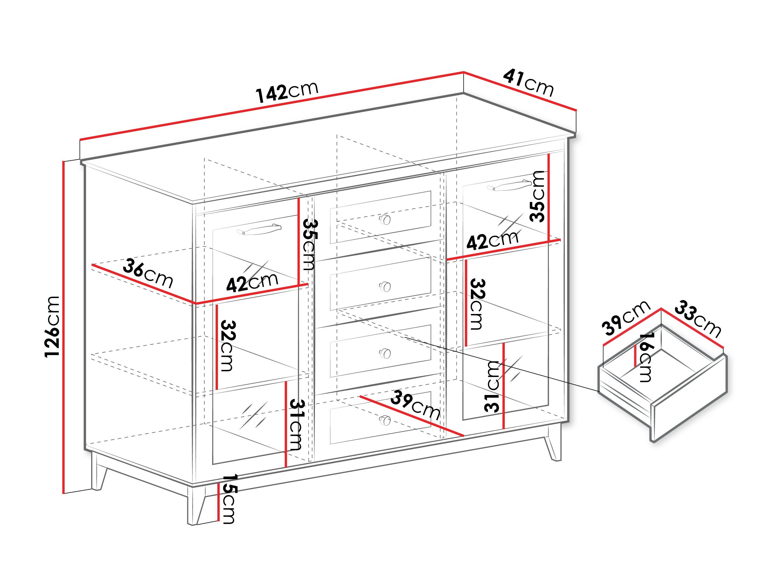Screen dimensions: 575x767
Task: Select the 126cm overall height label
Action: click(x=53, y=326)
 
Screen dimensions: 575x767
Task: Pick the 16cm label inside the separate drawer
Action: click(x=645, y=357)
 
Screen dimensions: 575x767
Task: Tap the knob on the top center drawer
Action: click(x=385, y=219)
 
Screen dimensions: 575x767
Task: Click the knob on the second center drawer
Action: click(x=385, y=287)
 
